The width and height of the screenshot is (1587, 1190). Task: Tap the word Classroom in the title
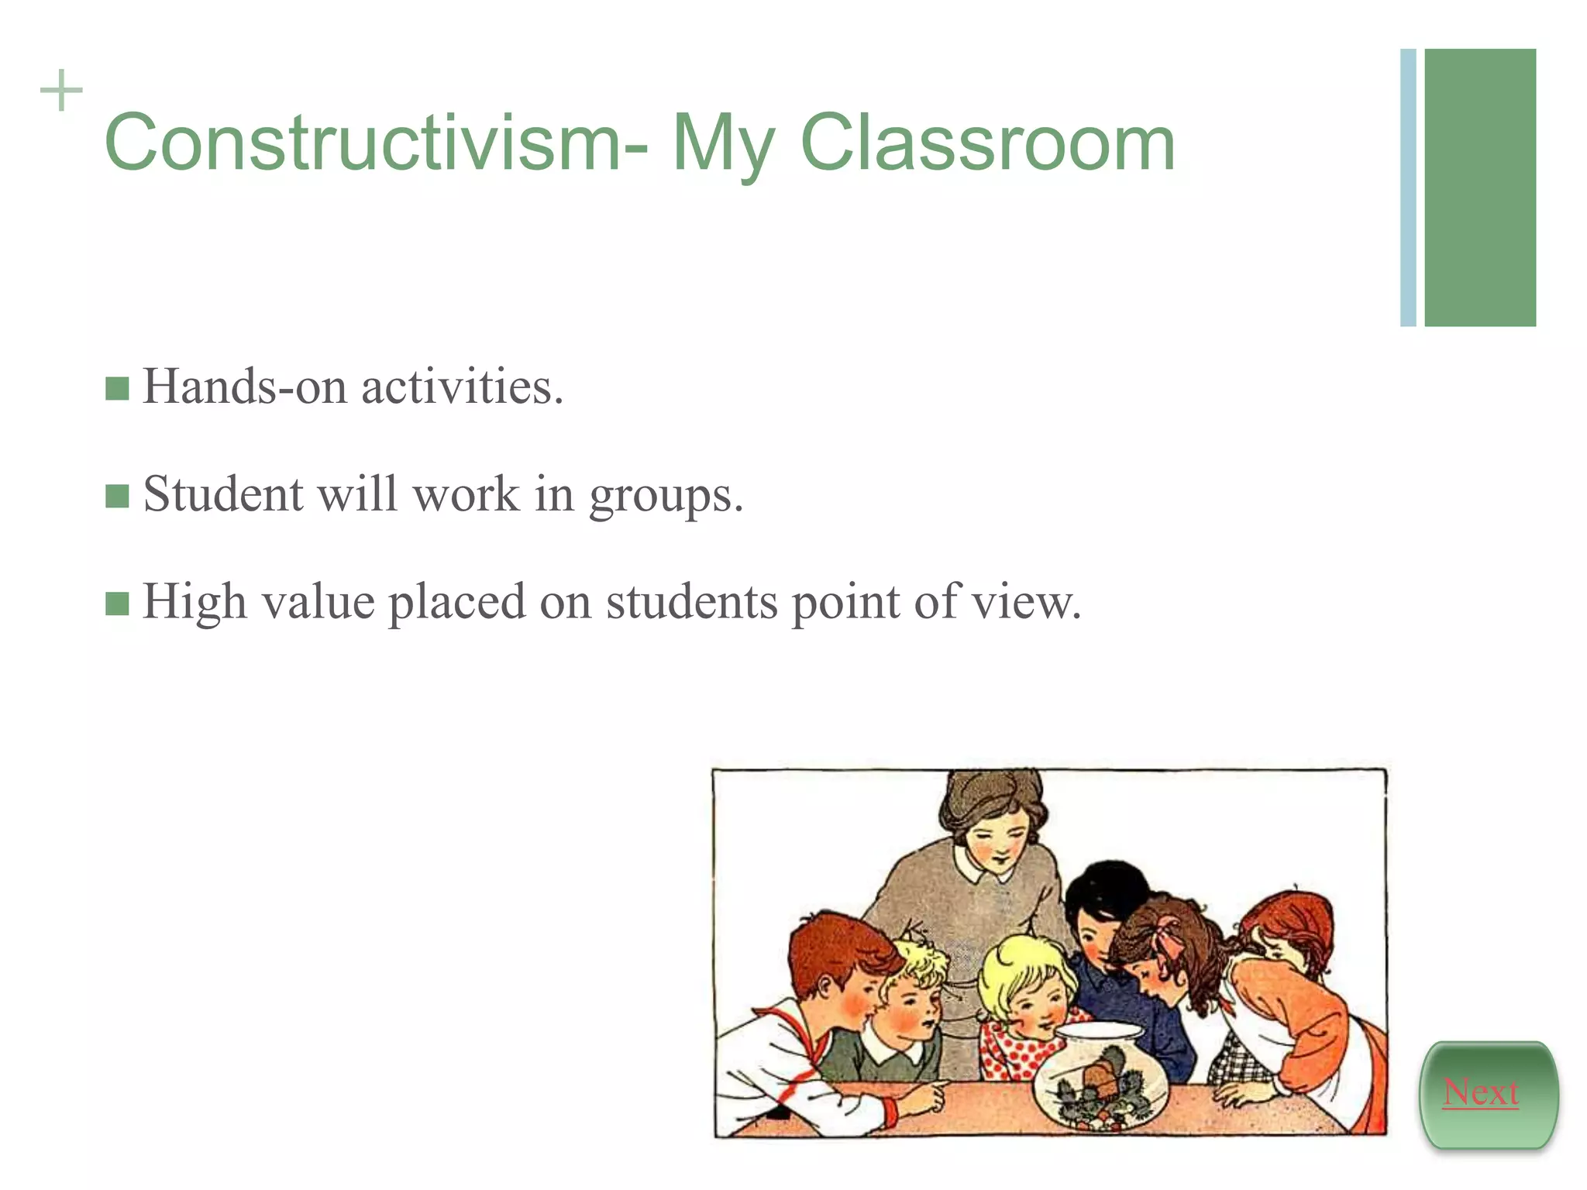tap(987, 143)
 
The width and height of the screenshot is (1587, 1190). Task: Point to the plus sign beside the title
tap(61, 91)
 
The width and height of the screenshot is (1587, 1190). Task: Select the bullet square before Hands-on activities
tap(117, 388)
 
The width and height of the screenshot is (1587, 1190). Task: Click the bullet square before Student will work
tap(117, 496)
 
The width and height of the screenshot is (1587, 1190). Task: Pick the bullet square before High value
tap(117, 603)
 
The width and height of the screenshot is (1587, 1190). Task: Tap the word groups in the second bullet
tap(666, 496)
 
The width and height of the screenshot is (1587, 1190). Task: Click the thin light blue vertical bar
tap(1408, 187)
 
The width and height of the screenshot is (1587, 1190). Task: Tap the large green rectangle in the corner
tap(1480, 187)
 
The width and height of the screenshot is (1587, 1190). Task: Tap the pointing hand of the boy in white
tap(930, 1094)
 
